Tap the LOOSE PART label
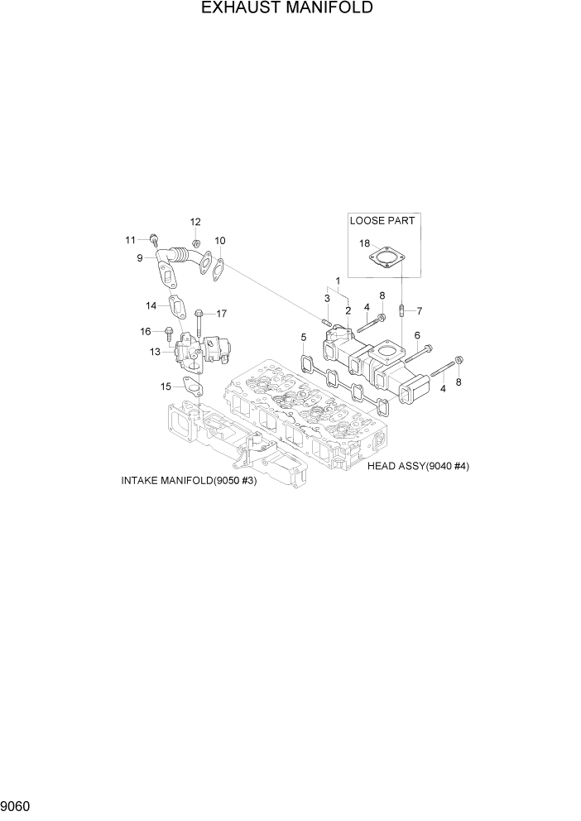point(382,221)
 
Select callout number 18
point(364,243)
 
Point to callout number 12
point(195,222)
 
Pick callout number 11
point(130,240)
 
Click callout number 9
point(140,258)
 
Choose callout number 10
point(220,241)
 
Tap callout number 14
point(151,305)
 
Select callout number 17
point(222,314)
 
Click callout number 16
point(145,331)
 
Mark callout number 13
point(155,352)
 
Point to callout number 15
point(166,386)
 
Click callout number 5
point(304,337)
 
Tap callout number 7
point(420,311)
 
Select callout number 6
point(417,335)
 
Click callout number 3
point(327,298)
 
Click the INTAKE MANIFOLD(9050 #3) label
point(189,481)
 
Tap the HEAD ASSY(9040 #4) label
point(419,466)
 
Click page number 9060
point(16,804)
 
